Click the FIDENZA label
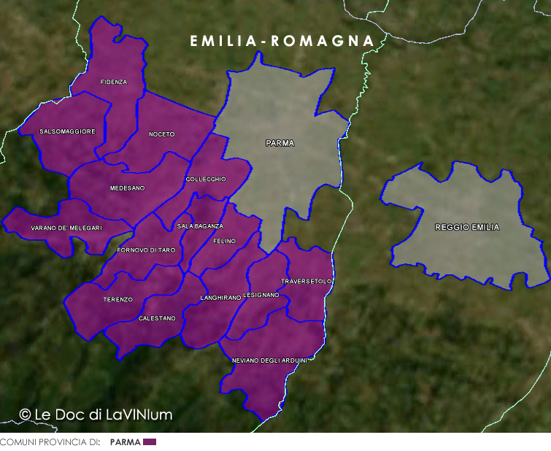click(x=114, y=82)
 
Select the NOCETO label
click(x=162, y=134)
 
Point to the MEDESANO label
click(x=127, y=188)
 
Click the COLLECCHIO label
click(x=206, y=180)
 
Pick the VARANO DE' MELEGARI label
click(x=66, y=228)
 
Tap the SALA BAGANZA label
click(x=200, y=226)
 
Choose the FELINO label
click(x=224, y=241)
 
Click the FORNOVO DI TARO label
click(x=146, y=250)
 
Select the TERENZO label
click(x=117, y=300)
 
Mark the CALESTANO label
click(x=157, y=318)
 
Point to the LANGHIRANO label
click(x=220, y=298)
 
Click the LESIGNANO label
click(x=261, y=295)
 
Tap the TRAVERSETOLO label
click(x=307, y=281)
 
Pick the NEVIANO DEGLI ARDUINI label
click(x=269, y=361)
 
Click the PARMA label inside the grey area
click(x=280, y=144)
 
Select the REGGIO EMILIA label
click(x=467, y=228)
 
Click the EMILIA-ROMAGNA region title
click(x=282, y=42)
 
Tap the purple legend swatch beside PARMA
click(x=150, y=442)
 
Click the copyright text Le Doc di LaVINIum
click(x=96, y=415)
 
